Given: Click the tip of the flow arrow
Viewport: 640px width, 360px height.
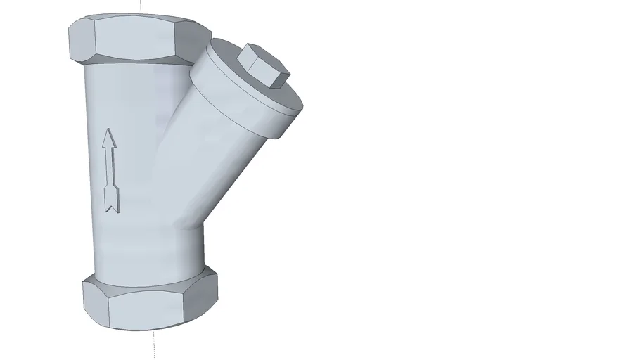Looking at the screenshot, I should coord(108,131).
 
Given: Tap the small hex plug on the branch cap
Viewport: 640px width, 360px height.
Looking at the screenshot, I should coord(263,65).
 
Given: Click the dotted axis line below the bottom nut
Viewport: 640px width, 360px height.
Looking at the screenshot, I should coord(154,345).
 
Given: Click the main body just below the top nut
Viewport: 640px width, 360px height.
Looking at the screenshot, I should coord(127,84).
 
